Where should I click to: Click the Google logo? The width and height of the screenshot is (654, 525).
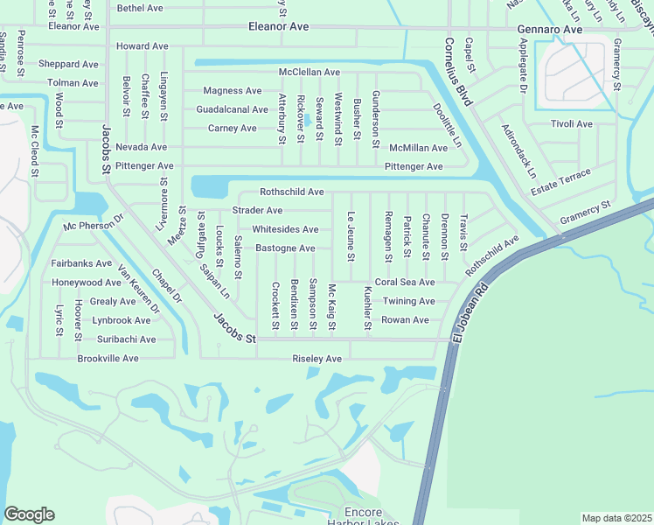click(30, 514)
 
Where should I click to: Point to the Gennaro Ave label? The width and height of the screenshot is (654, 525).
click(549, 29)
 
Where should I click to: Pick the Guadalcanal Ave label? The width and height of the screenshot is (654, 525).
click(232, 109)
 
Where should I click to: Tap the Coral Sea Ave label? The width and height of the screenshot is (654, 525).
click(404, 283)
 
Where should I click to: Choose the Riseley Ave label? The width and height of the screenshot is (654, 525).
click(317, 359)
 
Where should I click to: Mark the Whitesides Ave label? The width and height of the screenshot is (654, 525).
click(285, 229)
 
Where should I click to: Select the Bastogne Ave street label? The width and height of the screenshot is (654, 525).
click(285, 248)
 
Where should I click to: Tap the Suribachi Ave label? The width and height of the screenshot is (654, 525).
click(126, 339)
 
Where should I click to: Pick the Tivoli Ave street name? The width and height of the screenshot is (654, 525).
click(572, 124)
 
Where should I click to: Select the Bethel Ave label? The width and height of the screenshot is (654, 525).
click(140, 8)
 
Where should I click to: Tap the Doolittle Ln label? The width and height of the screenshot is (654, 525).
click(447, 125)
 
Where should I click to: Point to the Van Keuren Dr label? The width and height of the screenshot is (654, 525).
click(139, 290)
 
